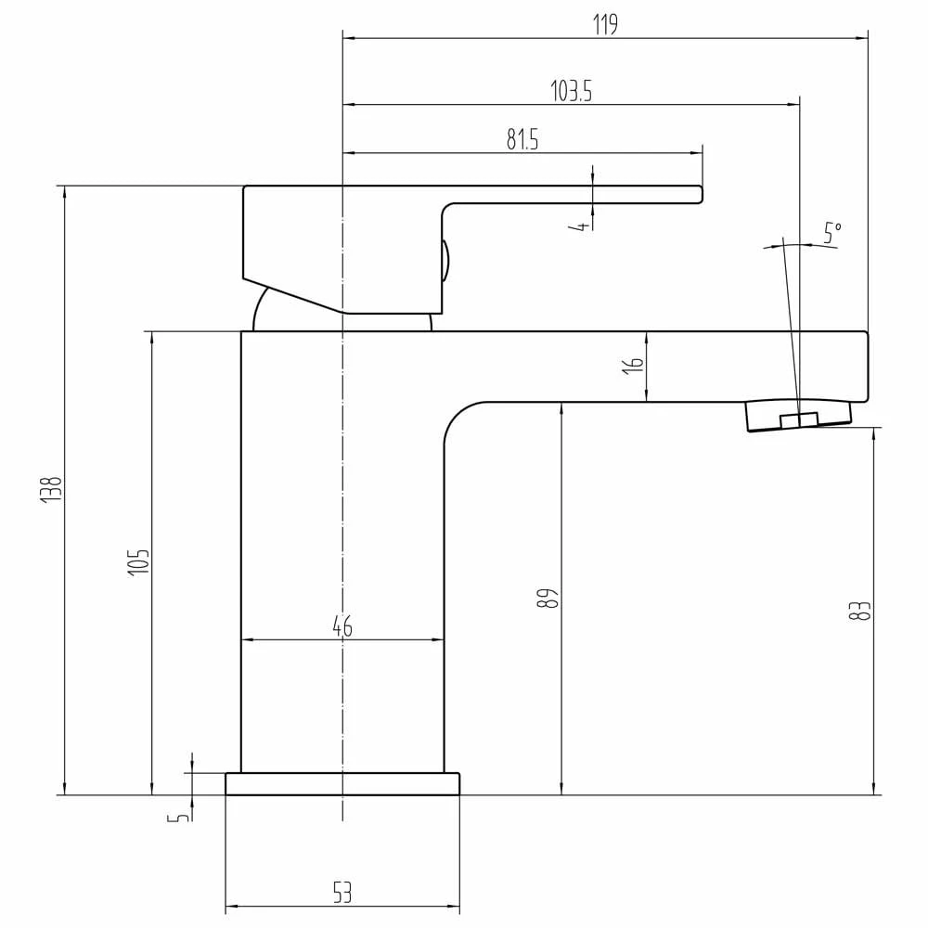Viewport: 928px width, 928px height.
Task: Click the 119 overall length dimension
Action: (x=605, y=25)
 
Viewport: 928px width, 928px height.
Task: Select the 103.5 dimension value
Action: (x=571, y=91)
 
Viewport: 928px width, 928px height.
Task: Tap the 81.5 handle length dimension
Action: (x=522, y=139)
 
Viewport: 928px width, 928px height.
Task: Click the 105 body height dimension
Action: (x=138, y=562)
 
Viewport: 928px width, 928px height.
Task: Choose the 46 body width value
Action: (x=342, y=626)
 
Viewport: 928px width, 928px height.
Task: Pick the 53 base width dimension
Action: (x=342, y=894)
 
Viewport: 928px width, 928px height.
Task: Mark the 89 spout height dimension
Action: (x=549, y=598)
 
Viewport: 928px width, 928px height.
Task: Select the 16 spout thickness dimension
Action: (x=634, y=366)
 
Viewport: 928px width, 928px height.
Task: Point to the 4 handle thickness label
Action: (x=581, y=226)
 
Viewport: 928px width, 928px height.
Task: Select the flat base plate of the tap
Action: (x=342, y=784)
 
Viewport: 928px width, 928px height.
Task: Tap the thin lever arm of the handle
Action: (x=575, y=194)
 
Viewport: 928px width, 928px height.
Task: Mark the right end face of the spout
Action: (x=866, y=367)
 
